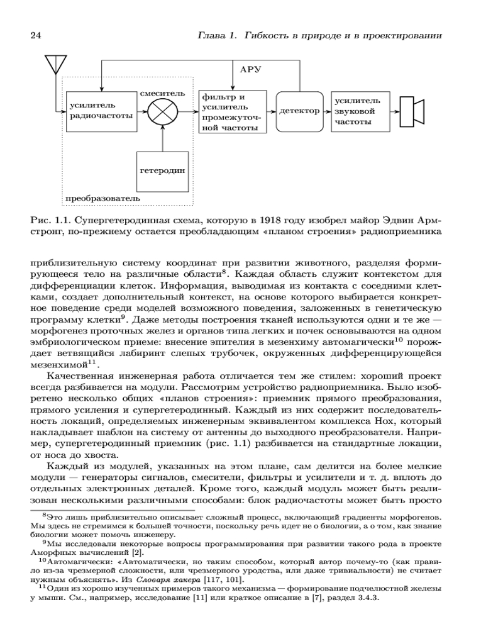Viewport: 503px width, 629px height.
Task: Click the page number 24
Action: tap(35, 36)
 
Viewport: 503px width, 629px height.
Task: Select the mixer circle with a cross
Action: tap(163, 111)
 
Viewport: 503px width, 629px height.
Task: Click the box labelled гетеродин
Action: tap(163, 170)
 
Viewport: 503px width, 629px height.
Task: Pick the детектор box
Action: tap(299, 111)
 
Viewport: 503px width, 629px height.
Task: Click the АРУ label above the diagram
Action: tap(250, 68)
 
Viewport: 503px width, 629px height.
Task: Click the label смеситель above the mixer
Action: tap(163, 92)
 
